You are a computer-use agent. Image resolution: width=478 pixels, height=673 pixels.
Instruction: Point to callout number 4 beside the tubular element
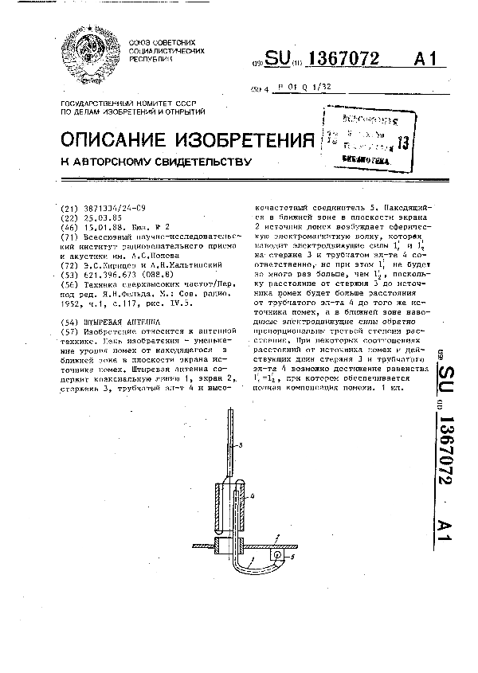tap(252, 496)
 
